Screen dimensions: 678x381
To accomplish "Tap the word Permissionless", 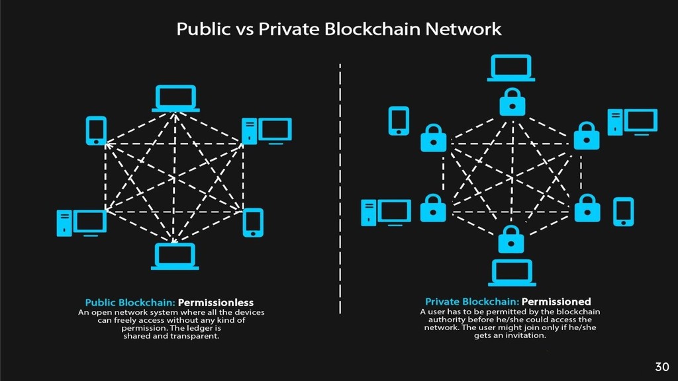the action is (220, 303).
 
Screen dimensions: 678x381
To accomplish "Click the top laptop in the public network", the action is (175, 98).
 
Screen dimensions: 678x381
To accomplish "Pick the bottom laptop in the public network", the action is (175, 256).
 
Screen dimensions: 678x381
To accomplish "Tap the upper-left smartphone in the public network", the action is (96, 130).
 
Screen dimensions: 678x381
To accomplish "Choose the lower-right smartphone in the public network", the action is (253, 222).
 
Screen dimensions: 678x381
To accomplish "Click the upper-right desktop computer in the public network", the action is (266, 130).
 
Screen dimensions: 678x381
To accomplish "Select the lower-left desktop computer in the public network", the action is (81, 222).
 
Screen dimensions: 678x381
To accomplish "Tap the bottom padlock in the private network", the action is (511, 239).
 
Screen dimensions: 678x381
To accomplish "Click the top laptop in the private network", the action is (511, 68).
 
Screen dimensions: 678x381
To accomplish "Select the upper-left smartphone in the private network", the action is (399, 120).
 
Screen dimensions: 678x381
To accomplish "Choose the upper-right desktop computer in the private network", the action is (632, 122).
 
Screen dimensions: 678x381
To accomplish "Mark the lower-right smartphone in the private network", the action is (624, 212).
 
